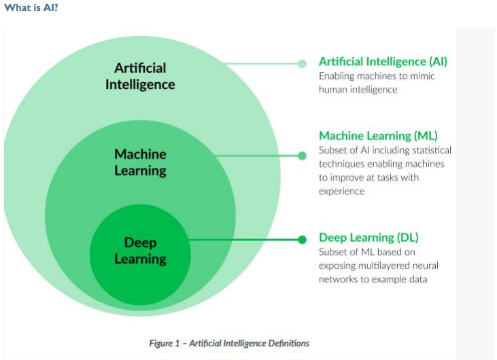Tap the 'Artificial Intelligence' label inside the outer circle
[140, 76]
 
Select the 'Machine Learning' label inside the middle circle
[140, 162]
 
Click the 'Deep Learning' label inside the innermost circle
[140, 251]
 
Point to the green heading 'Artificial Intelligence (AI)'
[383, 62]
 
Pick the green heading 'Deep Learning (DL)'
[369, 238]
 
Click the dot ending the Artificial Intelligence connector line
[303, 64]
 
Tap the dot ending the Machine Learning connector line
[303, 156]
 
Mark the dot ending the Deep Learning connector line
[303, 239]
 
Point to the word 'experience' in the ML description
[341, 192]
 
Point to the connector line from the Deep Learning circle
[245, 239]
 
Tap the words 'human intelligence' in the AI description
[358, 90]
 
